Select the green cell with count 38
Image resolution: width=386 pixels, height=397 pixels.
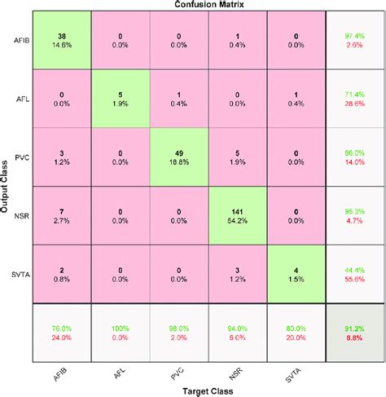61,40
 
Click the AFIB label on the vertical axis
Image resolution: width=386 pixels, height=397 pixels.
21,40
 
